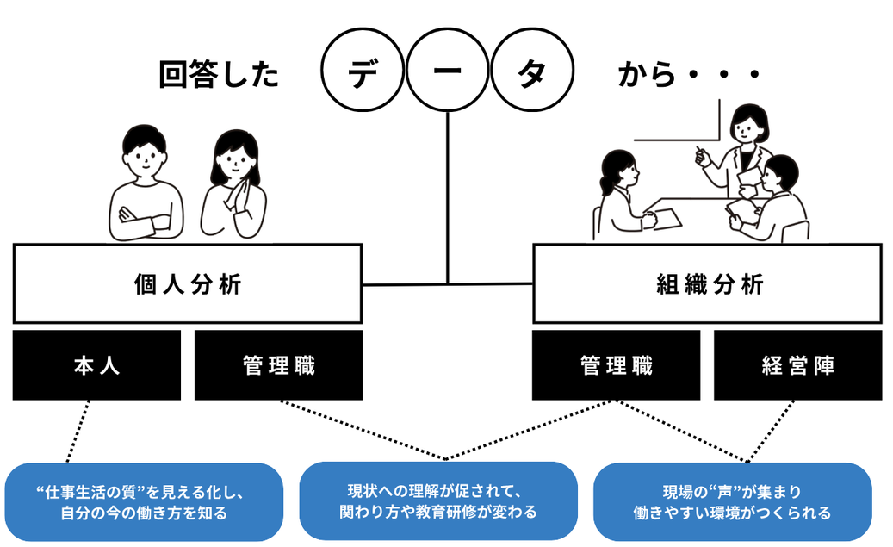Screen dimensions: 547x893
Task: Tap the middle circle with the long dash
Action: (447, 75)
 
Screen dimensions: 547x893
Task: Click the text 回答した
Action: (219, 76)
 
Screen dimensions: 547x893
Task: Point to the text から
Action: (648, 76)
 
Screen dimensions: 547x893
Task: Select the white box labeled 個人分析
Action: (188, 284)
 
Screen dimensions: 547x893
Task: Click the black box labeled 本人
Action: (96, 365)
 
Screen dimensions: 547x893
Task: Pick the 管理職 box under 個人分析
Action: (279, 365)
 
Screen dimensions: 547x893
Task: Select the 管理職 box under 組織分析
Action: (616, 365)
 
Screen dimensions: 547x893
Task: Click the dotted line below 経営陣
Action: (764, 431)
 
